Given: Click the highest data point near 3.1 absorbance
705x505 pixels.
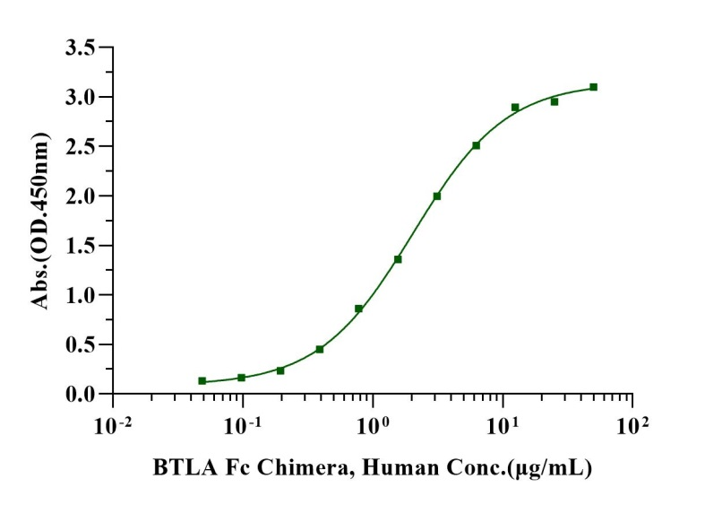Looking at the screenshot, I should pyautogui.click(x=593, y=87).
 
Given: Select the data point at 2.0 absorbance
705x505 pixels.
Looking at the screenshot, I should pyautogui.click(x=437, y=196).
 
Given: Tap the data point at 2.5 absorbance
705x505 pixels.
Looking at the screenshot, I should pyautogui.click(x=477, y=145).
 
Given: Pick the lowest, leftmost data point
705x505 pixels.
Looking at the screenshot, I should pyautogui.click(x=202, y=381).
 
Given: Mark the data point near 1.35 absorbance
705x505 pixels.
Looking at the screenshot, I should pyautogui.click(x=398, y=259).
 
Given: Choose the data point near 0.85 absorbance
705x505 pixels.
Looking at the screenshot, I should pyautogui.click(x=358, y=309).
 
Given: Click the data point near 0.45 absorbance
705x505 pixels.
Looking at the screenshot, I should pyautogui.click(x=320, y=349).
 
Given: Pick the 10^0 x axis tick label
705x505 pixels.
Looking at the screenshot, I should pyautogui.click(x=373, y=422).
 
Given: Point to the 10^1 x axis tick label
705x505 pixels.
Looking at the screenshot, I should pyautogui.click(x=502, y=422).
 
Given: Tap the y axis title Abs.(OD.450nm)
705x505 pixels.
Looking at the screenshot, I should pyautogui.click(x=40, y=221).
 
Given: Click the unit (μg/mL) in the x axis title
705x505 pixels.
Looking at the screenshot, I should pyautogui.click(x=549, y=468).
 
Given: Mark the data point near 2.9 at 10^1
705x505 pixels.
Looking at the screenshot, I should pyautogui.click(x=515, y=108).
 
